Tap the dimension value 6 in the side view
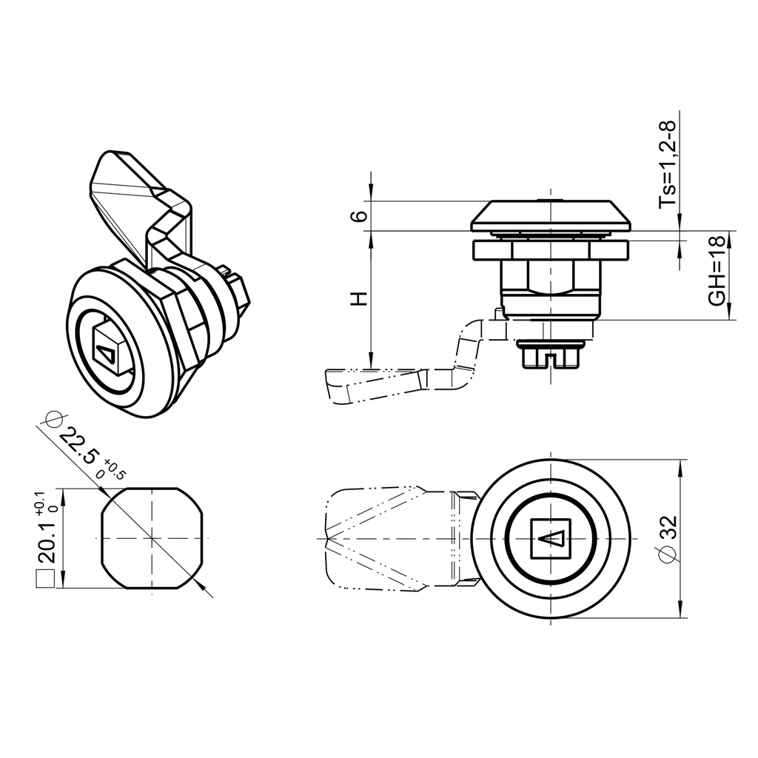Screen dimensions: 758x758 [x=359, y=216]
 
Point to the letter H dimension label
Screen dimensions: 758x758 [x=359, y=299]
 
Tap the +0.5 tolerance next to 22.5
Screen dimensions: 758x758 [x=115, y=470]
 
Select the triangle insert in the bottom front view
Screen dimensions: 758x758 [x=551, y=538]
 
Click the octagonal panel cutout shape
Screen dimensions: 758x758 [x=152, y=538]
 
